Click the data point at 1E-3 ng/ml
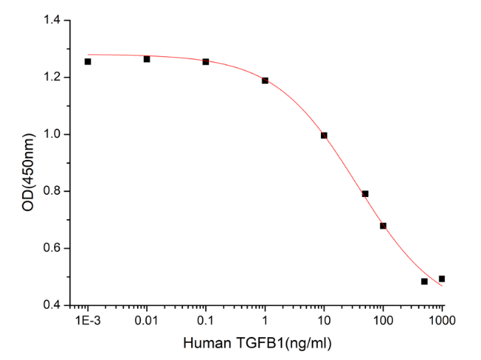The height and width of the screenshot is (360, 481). (87, 61)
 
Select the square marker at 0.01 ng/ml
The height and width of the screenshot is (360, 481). (147, 59)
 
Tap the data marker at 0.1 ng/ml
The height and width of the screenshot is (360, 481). (205, 61)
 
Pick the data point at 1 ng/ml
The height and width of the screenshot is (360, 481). (265, 80)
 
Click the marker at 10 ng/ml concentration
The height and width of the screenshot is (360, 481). (324, 135)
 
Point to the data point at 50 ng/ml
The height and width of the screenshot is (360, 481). (365, 194)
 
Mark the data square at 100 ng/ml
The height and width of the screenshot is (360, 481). (383, 225)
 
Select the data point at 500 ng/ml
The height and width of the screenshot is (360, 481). (425, 281)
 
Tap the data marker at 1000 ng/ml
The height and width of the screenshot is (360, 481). (442, 279)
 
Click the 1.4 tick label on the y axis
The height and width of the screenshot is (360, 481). (52, 21)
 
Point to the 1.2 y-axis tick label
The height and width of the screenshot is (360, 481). (52, 78)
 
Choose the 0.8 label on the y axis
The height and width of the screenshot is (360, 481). (52, 191)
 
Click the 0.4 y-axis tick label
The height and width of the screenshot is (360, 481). (52, 304)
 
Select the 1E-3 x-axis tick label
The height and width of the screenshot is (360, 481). (87, 320)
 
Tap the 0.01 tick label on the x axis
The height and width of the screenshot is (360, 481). (147, 320)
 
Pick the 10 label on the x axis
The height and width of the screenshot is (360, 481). (324, 320)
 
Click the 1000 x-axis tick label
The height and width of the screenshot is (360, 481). (442, 320)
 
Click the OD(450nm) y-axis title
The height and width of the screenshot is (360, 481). (28, 163)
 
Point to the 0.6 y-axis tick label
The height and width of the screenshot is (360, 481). (52, 248)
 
